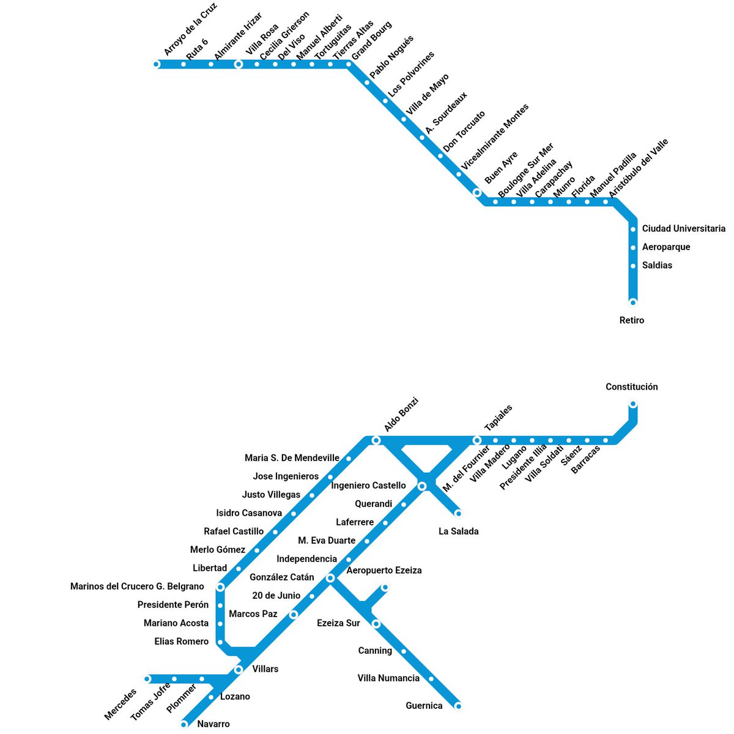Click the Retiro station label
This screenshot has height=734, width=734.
pos(632,320)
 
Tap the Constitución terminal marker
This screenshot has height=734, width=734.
pos(633,404)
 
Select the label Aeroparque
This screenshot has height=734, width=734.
pos(666,247)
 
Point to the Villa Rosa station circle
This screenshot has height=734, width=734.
pos(239,64)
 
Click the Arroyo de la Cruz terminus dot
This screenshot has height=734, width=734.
pos(156,64)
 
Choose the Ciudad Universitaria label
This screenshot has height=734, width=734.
pos(684,229)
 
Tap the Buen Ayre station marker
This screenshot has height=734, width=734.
pos(477,193)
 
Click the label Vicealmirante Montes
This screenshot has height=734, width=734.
pos(495,137)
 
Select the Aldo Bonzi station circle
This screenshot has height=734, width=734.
pos(376,440)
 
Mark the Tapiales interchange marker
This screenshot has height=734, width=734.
pos(477,440)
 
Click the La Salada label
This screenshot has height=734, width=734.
pos(459,531)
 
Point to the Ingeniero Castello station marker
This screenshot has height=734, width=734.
pos(422,486)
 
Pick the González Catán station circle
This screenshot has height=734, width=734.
pos(330,578)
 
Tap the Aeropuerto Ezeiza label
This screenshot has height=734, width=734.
pos(384,570)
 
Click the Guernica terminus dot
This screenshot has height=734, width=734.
pos(458,706)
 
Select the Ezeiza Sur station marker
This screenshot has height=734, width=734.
pos(376,624)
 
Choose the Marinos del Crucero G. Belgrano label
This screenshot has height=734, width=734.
pos(137,587)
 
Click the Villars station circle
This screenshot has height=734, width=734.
pos(239,670)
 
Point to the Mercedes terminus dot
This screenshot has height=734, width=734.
pos(147,678)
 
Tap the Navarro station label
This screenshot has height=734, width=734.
pos(213,724)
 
